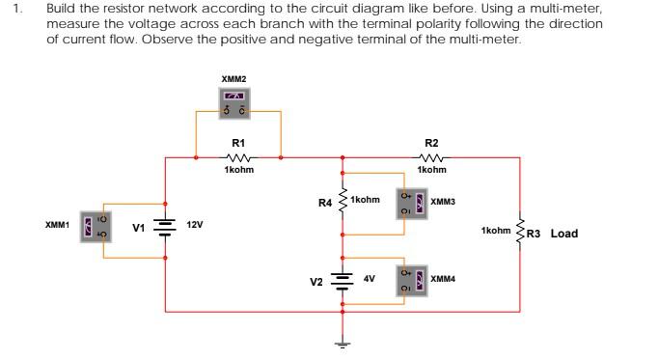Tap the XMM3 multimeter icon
click(x=412, y=203)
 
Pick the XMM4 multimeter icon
click(x=412, y=279)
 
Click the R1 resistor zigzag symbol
click(x=238, y=157)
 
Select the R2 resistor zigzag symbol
click(x=430, y=157)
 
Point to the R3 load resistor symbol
click(x=521, y=232)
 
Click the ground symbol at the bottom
click(x=342, y=343)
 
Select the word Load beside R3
click(x=563, y=233)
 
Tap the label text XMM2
click(x=234, y=77)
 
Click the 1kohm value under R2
click(x=430, y=170)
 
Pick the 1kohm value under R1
click(x=238, y=170)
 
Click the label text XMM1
click(x=57, y=225)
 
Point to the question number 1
click(x=14, y=8)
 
